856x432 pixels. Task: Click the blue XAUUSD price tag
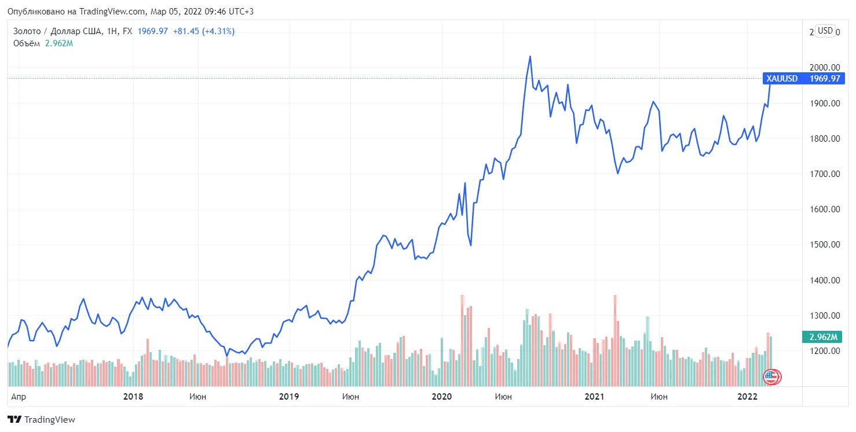[x=803, y=79]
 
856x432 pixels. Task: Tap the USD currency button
[x=825, y=31]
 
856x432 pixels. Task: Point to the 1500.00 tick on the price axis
[x=825, y=245]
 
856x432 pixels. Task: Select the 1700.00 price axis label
[x=825, y=174]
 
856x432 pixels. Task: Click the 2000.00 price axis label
[x=825, y=68]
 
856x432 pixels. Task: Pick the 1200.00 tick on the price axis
[x=825, y=351]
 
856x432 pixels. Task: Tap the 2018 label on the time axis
[x=133, y=397]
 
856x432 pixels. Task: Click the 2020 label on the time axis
[x=441, y=397]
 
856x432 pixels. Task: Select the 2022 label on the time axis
[x=747, y=397]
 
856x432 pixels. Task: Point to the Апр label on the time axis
[x=19, y=397]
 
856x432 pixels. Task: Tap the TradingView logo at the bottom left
[x=41, y=419]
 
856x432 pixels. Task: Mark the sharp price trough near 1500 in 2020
[x=471, y=245]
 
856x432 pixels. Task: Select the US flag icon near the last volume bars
[x=771, y=377]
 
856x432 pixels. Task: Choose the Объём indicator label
[x=27, y=43]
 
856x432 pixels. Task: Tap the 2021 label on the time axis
[x=594, y=397]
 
